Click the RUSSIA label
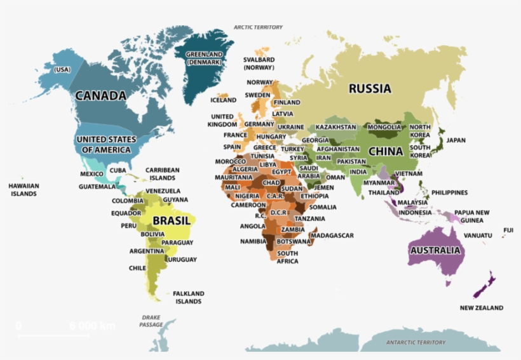point(370,89)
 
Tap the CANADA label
point(100,96)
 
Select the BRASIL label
point(171,221)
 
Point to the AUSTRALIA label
point(435,250)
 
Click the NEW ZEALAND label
point(481,308)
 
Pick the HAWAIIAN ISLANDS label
point(24,190)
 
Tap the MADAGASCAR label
point(332,236)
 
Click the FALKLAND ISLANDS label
point(189,297)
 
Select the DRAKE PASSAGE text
point(151,321)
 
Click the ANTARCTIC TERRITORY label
point(416,342)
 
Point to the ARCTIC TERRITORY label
point(258,27)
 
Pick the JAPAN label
point(456,140)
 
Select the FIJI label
point(508,230)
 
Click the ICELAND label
point(223,100)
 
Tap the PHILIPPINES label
point(449,192)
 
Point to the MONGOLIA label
point(384,127)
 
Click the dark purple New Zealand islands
point(485,285)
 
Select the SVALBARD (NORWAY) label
point(259,63)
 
